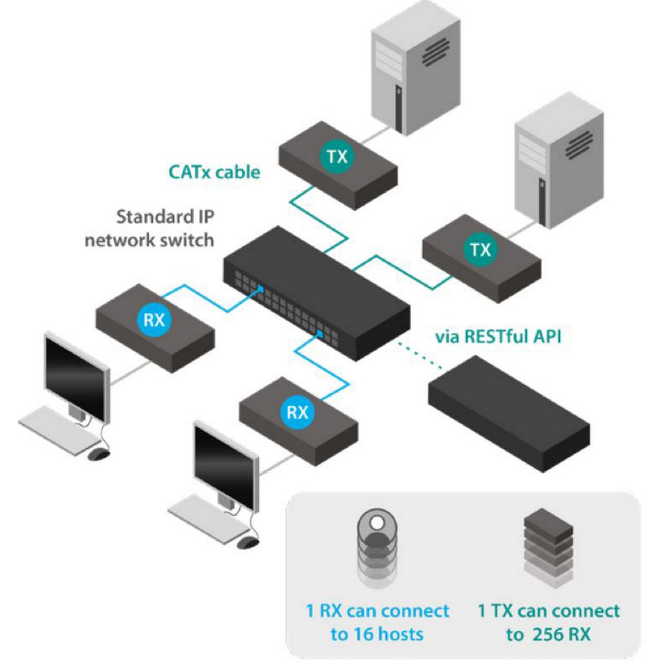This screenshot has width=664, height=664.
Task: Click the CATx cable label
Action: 214,172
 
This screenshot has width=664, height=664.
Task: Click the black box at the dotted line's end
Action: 508,412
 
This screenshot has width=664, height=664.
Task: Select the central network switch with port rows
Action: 315,292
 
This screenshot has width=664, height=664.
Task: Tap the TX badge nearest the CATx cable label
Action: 337,157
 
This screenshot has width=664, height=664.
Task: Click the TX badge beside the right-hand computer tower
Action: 479,250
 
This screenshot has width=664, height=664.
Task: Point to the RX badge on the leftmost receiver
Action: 154,320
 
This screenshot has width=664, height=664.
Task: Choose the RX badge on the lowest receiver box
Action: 297,412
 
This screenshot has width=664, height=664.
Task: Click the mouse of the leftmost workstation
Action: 98,454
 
